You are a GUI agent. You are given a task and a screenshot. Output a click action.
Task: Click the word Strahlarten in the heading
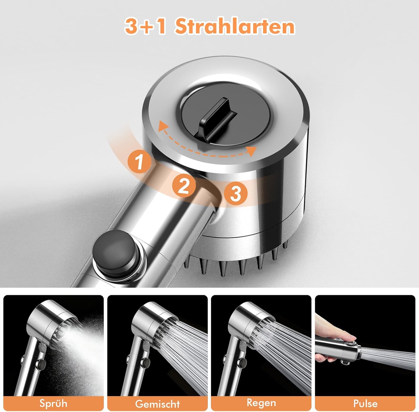point(235,26)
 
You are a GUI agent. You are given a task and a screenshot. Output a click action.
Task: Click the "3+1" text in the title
point(145,26)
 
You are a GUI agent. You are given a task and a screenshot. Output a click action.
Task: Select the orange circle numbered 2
point(184,185)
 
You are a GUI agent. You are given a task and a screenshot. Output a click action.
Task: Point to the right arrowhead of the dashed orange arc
point(252,151)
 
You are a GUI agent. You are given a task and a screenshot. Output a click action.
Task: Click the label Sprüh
point(53,403)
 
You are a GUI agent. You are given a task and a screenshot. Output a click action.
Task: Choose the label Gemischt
point(157,404)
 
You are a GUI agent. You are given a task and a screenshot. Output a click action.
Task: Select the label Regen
point(261,403)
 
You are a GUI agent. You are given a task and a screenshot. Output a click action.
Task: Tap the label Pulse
point(365,403)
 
